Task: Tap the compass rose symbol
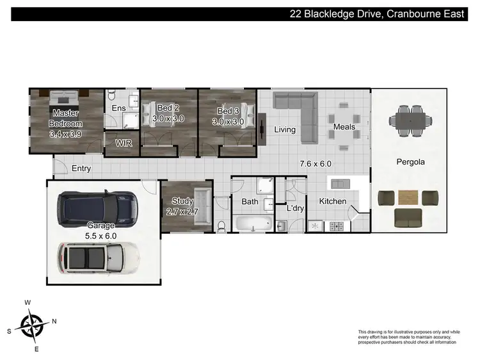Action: [31, 325]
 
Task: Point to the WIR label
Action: [124, 143]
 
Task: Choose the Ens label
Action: [119, 108]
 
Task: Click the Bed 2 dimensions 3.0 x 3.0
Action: [168, 119]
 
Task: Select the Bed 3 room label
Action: [228, 110]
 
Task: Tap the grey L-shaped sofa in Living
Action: [297, 109]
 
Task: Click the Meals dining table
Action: [344, 122]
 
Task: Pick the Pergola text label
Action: [410, 162]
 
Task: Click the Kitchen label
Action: [332, 201]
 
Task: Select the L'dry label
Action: [295, 209]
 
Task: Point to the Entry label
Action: [81, 168]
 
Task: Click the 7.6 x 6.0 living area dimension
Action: [315, 163]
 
